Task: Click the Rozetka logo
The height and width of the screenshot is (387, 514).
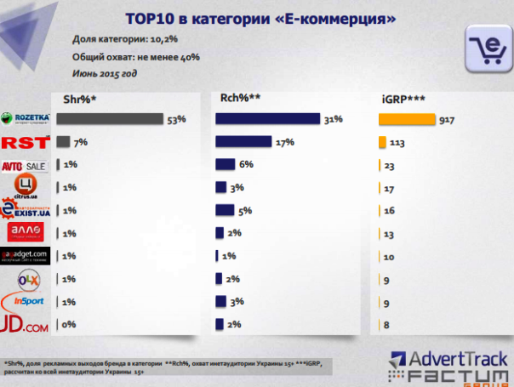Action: point(27,119)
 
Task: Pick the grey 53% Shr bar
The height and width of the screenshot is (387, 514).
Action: point(109,119)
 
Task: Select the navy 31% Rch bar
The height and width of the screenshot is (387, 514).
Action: point(267,119)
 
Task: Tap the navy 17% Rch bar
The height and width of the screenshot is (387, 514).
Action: point(243,142)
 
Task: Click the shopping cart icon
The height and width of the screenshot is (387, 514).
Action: point(486,50)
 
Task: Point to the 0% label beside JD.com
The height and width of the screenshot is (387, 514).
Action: point(70,324)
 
